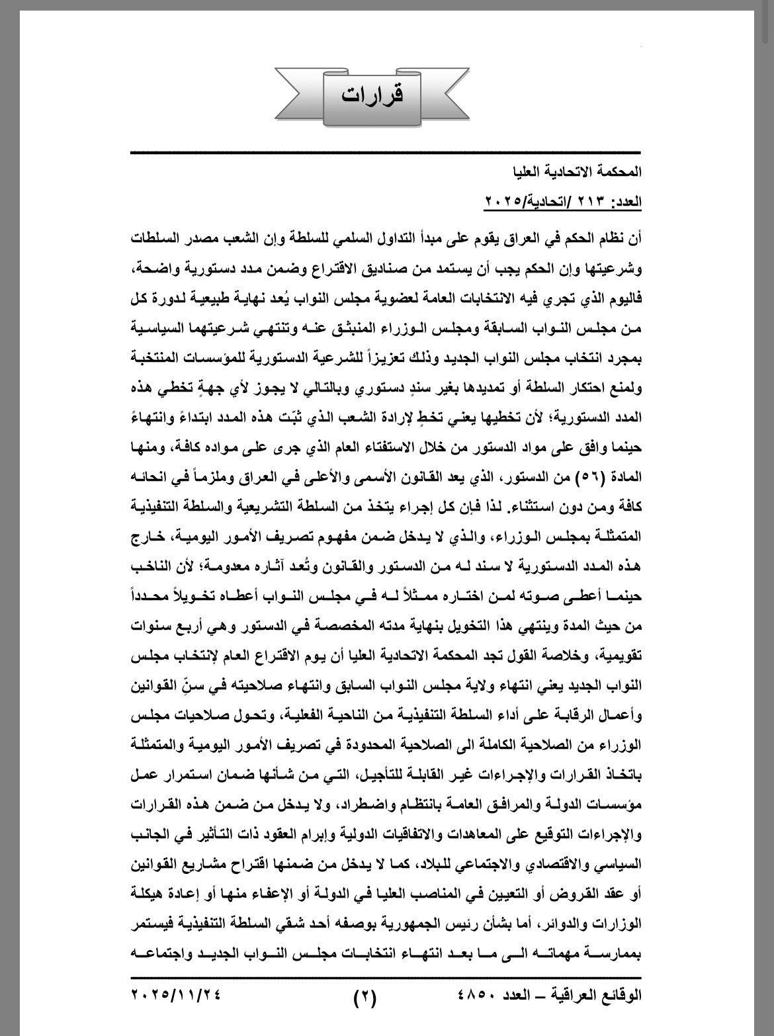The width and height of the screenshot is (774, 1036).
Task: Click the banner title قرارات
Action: pyautogui.click(x=372, y=95)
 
